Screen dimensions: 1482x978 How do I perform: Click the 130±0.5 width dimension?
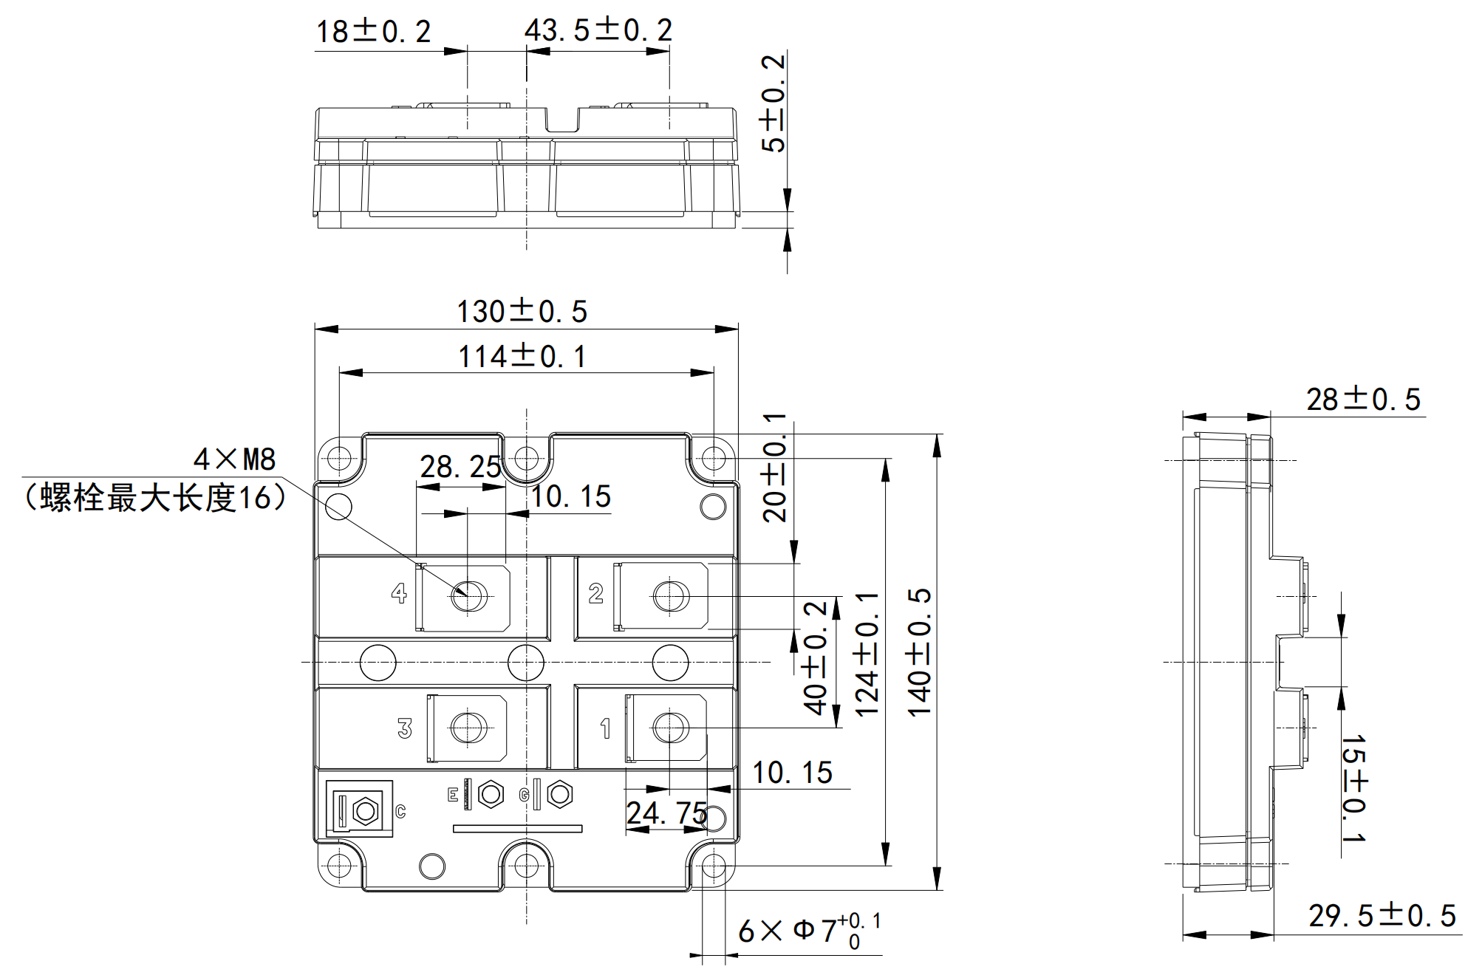522,312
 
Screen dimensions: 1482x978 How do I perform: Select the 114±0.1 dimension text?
522,357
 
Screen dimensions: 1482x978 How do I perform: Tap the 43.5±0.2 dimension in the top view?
598,30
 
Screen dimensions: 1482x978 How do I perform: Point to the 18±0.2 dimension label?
373,32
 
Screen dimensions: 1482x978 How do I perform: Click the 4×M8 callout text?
235,459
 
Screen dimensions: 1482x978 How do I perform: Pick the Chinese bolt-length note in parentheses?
155,498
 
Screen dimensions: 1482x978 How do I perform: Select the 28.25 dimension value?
460,467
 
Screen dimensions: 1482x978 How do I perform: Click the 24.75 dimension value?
666,813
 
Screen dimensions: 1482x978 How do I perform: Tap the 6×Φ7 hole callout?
810,931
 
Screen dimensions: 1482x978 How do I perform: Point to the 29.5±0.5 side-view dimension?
1382,916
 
